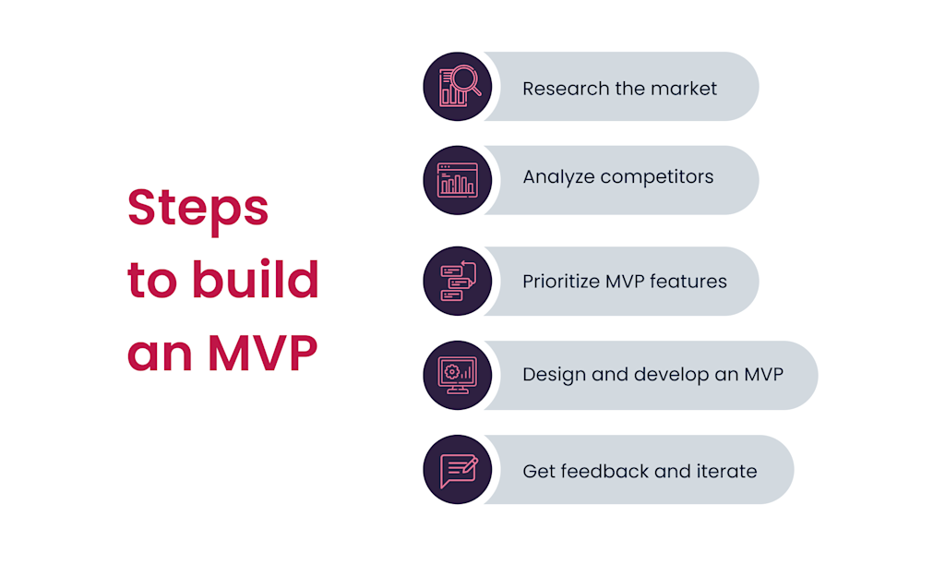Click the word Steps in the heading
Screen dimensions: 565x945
tap(197, 209)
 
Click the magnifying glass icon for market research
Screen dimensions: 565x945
tap(458, 87)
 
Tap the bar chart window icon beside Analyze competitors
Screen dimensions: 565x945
tap(458, 180)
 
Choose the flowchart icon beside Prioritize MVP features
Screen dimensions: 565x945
tap(458, 281)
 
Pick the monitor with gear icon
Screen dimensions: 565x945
tap(458, 375)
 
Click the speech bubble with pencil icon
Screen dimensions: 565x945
tap(458, 470)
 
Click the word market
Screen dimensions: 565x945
tap(685, 89)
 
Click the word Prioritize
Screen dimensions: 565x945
tap(562, 282)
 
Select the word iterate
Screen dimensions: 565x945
tap(726, 471)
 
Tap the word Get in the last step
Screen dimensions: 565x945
tap(539, 471)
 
